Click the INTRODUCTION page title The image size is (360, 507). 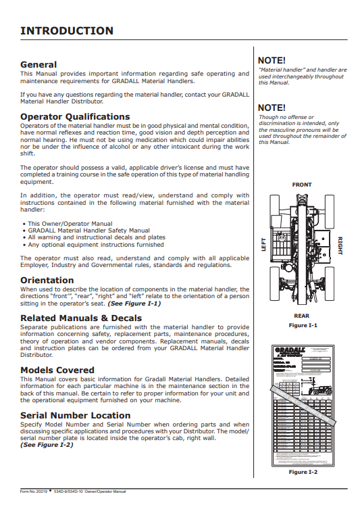coord(67,30)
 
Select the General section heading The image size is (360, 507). coord(38,64)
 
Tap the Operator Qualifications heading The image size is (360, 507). coord(75,117)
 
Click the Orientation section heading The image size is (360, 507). coord(47,280)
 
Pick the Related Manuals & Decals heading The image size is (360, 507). coord(81,318)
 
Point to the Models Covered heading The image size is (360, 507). coord(57,370)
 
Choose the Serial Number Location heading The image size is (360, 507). coord(76,415)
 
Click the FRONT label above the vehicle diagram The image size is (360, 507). coord(302,185)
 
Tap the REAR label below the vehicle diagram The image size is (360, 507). coord(302,316)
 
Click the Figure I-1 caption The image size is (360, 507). coord(303,325)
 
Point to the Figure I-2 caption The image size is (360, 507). coord(303,471)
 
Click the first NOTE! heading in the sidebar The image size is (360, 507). coord(272,60)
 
